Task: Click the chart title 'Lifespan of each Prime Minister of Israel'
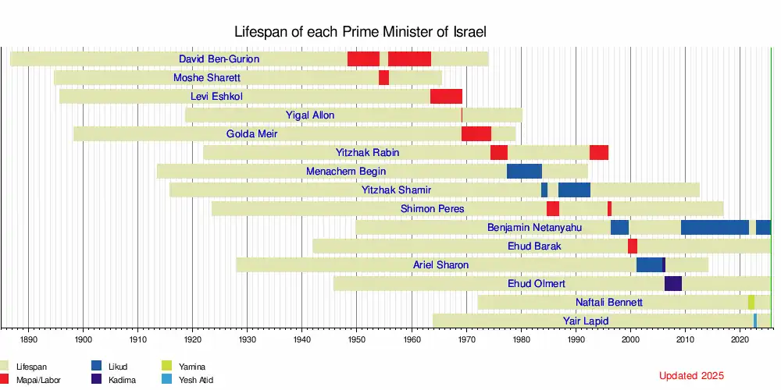[361, 32]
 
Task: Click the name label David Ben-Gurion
[219, 59]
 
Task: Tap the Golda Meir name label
[251, 134]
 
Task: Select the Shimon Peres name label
[432, 209]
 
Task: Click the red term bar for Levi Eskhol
[446, 97]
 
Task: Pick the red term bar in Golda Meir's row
[476, 134]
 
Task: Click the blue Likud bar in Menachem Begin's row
[524, 172]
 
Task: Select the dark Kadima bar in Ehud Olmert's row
[673, 284]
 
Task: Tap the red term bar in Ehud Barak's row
[633, 246]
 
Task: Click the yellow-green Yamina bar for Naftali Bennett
[751, 303]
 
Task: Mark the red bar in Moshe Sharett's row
[383, 78]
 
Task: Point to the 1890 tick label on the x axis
[29, 340]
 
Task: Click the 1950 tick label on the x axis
[356, 340]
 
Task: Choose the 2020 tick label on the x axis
[740, 340]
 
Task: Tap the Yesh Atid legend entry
[195, 380]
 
